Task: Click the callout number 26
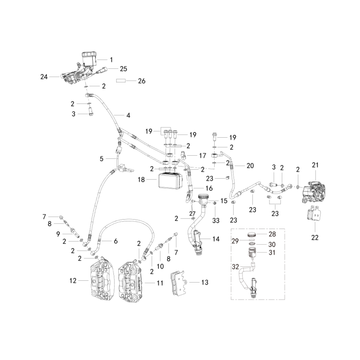tap(142, 81)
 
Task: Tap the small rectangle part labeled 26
tap(121, 81)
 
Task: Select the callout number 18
tap(141, 180)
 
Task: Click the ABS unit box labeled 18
tap(171, 181)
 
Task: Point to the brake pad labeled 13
tap(178, 283)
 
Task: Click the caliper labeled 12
tap(102, 279)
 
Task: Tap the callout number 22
tap(315, 238)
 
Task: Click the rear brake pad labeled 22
tap(314, 212)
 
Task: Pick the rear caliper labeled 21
tap(313, 193)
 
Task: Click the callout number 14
tap(216, 239)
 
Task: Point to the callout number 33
tap(216, 220)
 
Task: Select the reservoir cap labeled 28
tap(252, 234)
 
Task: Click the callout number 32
tap(235, 267)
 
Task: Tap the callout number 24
tap(44, 76)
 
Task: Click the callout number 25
tap(123, 69)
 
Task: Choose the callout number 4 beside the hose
tap(128, 115)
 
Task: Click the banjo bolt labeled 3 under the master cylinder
tap(91, 112)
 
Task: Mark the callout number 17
tap(202, 156)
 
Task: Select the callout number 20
tap(250, 166)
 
